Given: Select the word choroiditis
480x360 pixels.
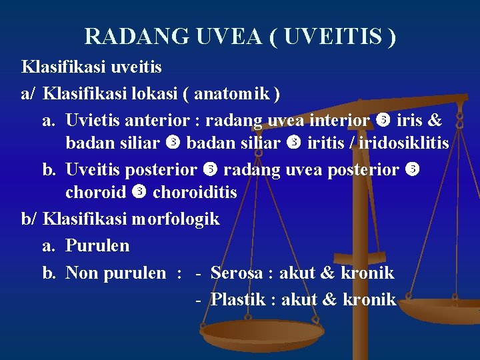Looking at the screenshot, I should click(195, 192).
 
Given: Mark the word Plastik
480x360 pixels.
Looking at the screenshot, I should click(238, 299).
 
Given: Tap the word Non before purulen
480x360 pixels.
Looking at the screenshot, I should click(81, 273).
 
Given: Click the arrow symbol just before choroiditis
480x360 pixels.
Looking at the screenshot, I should click(139, 193).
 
